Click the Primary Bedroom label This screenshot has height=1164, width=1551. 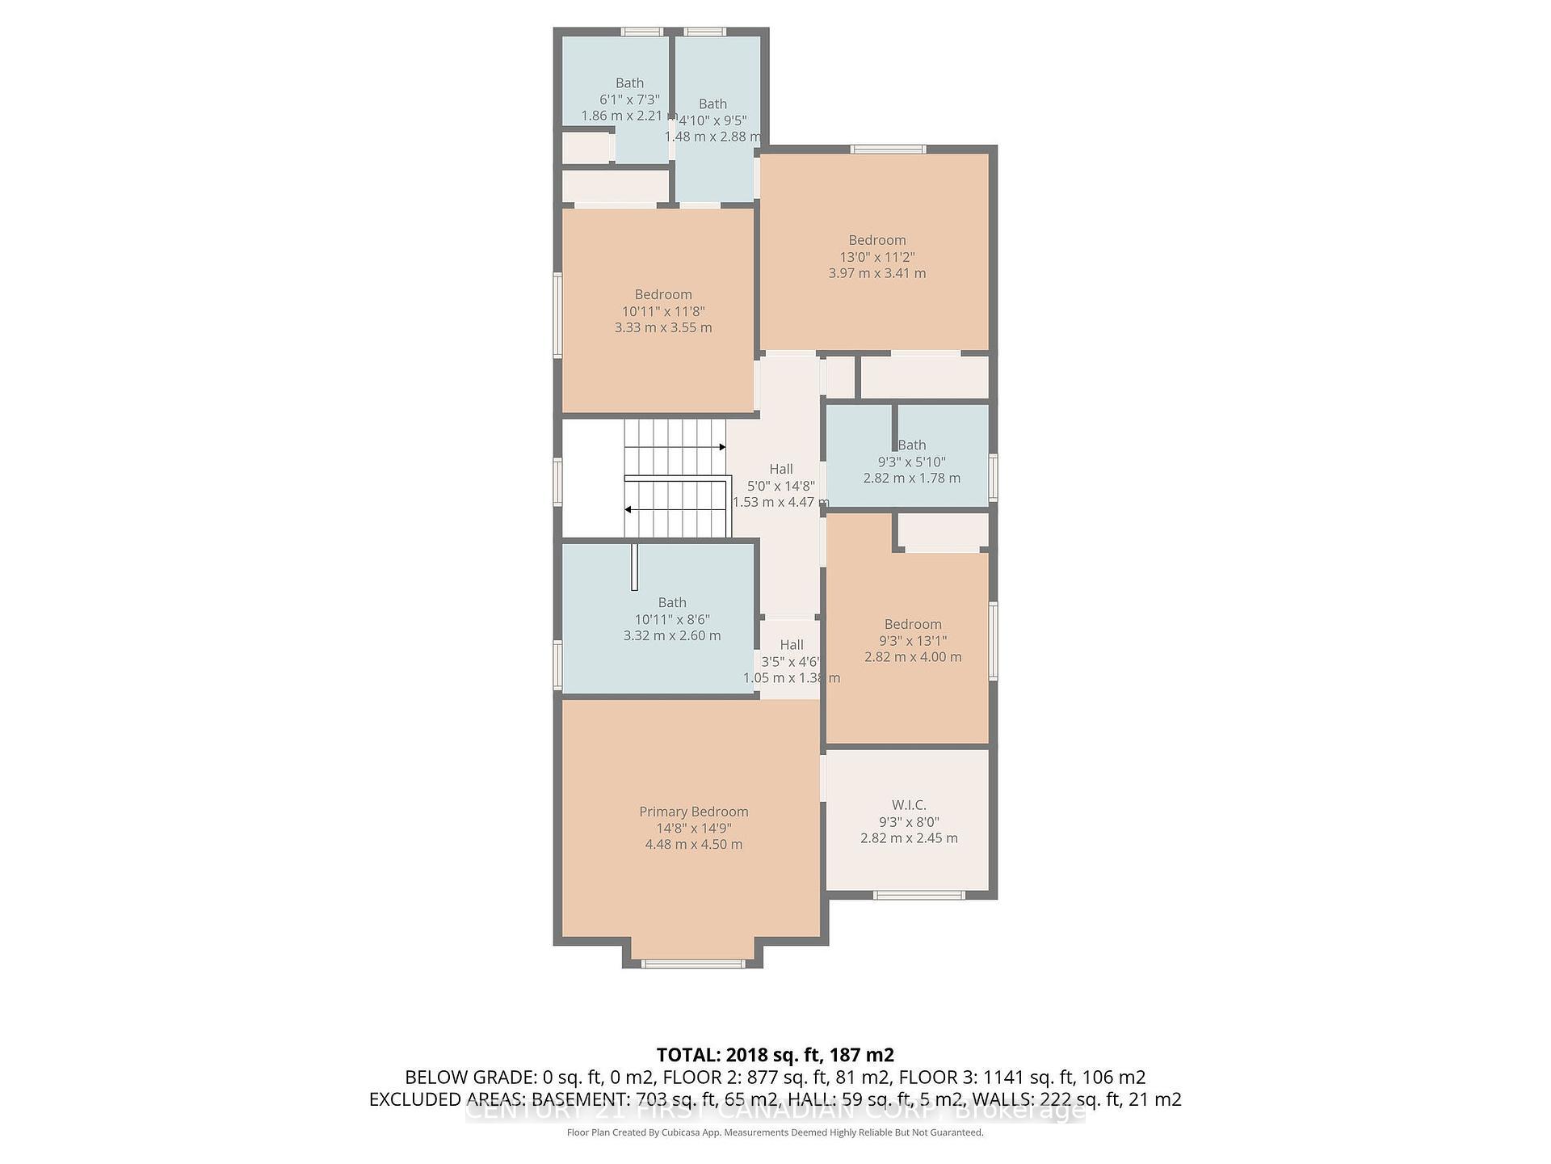coord(693,812)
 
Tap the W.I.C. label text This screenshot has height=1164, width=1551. coord(909,805)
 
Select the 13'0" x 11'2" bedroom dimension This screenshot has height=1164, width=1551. coord(876,257)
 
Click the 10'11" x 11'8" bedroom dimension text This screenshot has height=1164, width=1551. coord(663,311)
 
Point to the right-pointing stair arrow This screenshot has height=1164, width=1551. coord(721,447)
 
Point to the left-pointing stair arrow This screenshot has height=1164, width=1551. coord(628,509)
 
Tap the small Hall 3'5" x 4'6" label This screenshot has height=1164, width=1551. coord(791,645)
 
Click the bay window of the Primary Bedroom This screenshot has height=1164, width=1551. coord(692,963)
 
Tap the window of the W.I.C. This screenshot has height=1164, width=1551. coord(919,895)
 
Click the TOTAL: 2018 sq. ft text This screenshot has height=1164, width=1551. coord(774,1055)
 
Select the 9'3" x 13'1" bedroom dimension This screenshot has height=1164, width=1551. coord(913,640)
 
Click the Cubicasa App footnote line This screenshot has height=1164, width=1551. coord(775,1132)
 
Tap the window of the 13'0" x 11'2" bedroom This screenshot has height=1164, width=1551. coord(888,149)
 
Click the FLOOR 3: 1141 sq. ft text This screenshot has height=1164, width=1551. coord(1022,1078)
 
